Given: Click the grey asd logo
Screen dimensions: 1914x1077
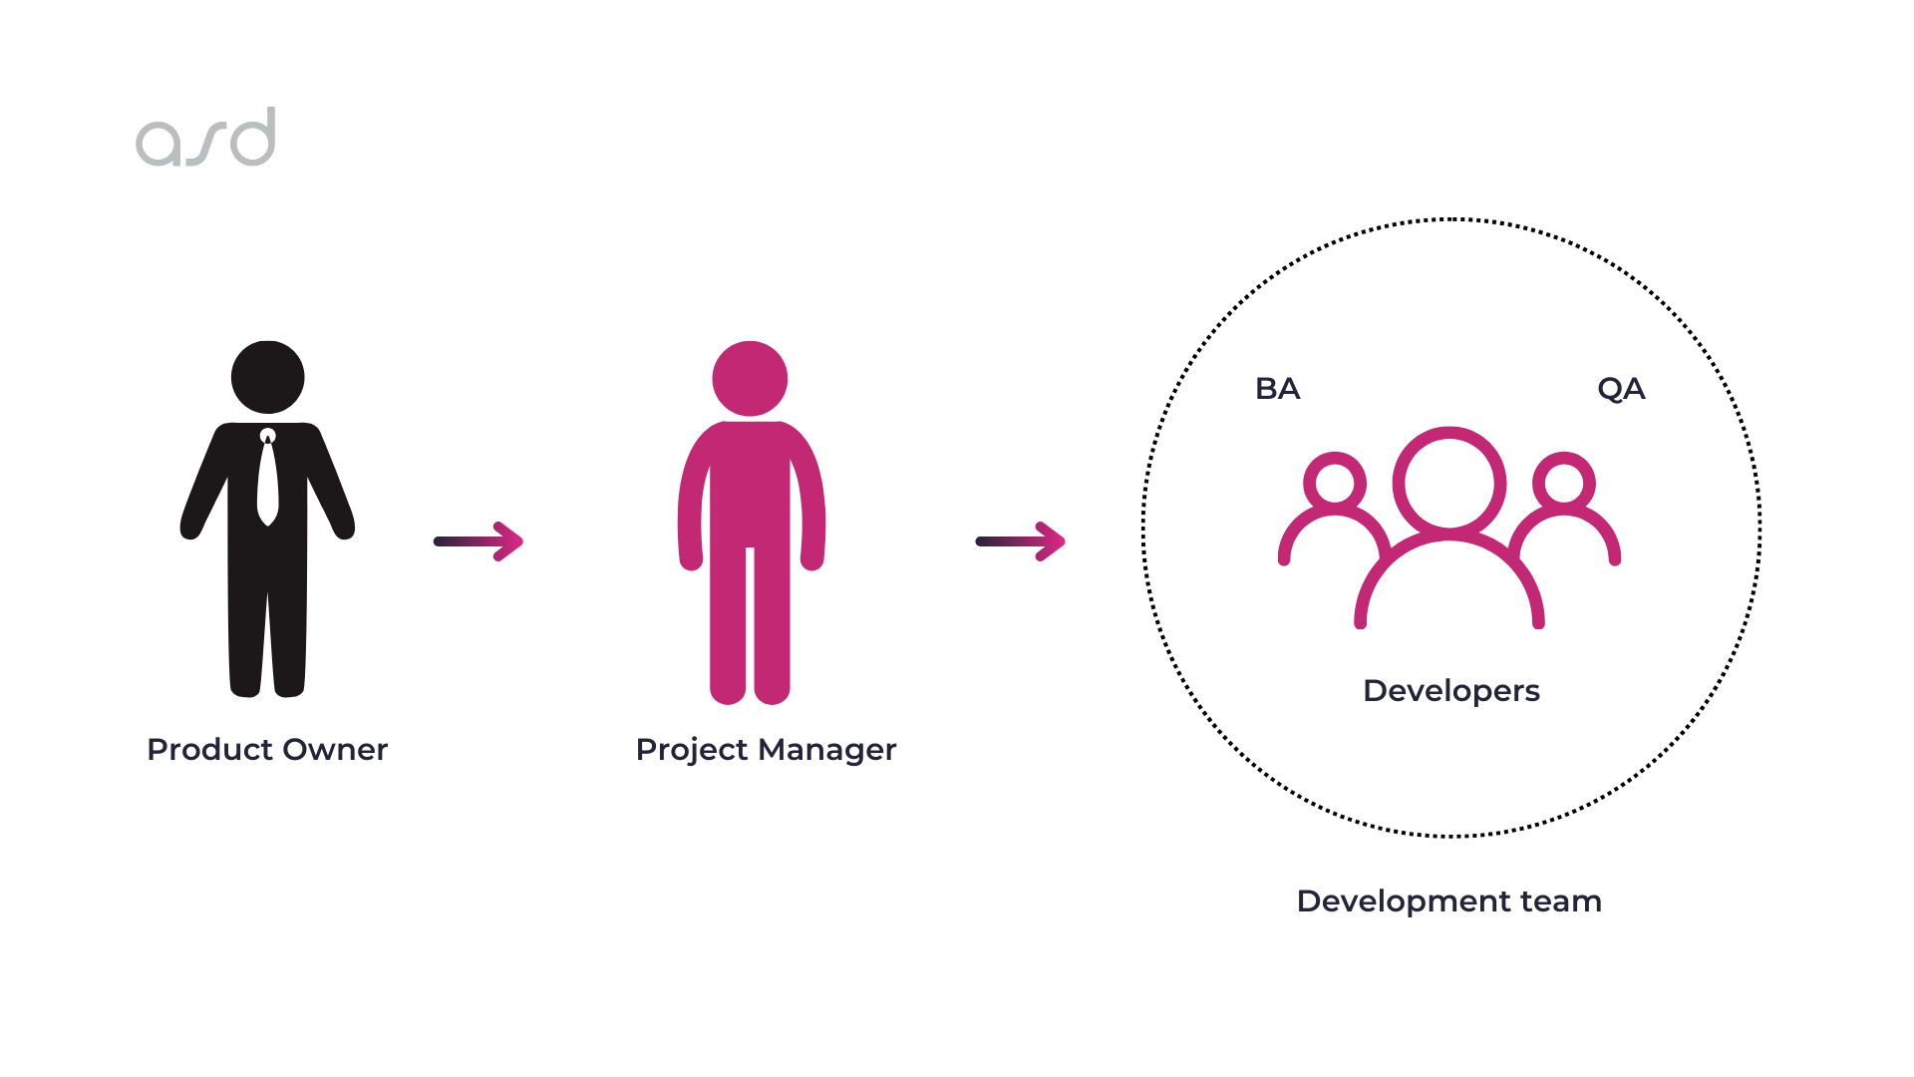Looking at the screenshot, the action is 205,138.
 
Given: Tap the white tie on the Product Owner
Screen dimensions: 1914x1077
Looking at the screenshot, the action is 267,479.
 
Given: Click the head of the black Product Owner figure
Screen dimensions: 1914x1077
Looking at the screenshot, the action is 267,377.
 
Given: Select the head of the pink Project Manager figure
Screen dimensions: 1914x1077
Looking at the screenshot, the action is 750,378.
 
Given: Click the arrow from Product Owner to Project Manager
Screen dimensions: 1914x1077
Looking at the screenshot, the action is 478,541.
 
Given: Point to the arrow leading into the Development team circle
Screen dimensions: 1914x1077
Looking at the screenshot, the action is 1021,541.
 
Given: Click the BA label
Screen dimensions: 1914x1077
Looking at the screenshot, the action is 1277,389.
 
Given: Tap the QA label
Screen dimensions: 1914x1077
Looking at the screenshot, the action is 1621,389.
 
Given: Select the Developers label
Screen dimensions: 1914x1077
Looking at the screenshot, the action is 1450,691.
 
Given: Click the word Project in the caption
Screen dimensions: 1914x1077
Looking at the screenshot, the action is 691,750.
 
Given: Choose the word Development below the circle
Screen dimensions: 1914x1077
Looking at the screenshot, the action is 1404,901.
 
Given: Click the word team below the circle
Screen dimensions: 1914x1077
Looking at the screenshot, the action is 1561,902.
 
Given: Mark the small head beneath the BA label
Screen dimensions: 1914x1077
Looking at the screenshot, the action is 1335,484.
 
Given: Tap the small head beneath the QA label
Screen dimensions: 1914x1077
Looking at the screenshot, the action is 1564,484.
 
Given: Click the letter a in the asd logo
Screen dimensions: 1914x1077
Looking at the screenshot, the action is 159,143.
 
